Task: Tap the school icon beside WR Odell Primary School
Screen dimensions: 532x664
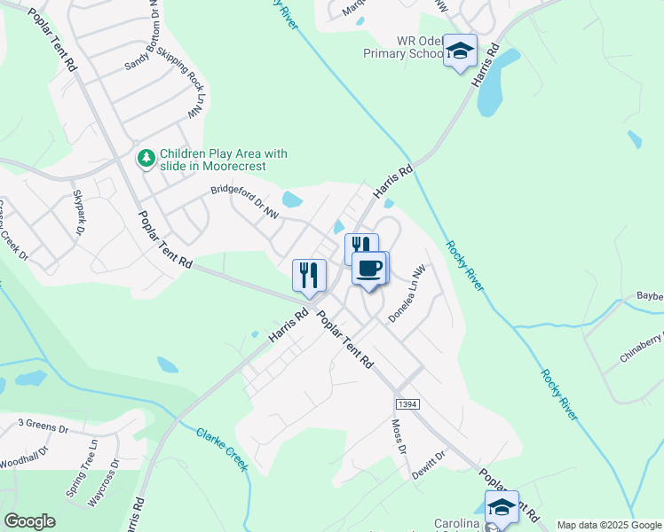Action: pos(460,51)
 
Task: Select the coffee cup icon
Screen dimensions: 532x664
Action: pos(369,268)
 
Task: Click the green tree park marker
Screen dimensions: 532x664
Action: pos(145,159)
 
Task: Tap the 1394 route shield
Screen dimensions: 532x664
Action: pos(407,403)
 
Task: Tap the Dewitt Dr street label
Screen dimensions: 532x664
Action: pos(428,465)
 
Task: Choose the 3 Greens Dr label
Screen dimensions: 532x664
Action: pos(43,427)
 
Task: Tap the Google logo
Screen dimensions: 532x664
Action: pos(30,520)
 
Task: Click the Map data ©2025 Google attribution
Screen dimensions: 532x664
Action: pos(609,525)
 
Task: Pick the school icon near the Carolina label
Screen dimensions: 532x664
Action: pos(502,507)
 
